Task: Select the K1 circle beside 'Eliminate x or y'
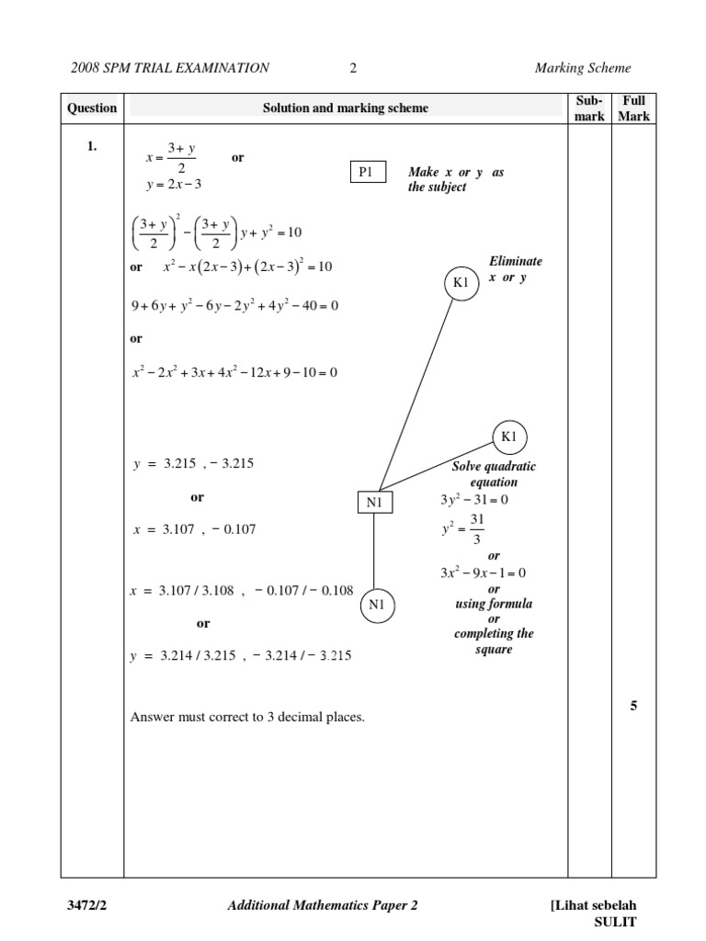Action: coord(461,283)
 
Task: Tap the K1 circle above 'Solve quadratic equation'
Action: coord(509,436)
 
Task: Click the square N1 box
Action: coord(373,502)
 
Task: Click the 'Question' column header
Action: coord(92,108)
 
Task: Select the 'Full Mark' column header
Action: coord(633,108)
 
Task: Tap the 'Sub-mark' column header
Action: coord(589,108)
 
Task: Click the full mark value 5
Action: coord(633,706)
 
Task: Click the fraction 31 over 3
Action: coord(476,529)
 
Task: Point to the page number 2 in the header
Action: coord(353,67)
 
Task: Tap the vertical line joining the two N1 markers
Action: coord(373,550)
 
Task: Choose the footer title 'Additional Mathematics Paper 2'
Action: coord(322,905)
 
